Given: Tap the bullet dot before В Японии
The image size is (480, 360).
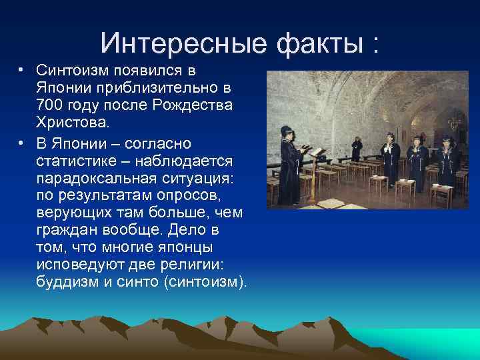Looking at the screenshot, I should (21, 142).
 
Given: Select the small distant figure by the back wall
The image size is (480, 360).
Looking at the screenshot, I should (357, 147).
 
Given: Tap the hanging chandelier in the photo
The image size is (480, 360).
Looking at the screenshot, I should (455, 123).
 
